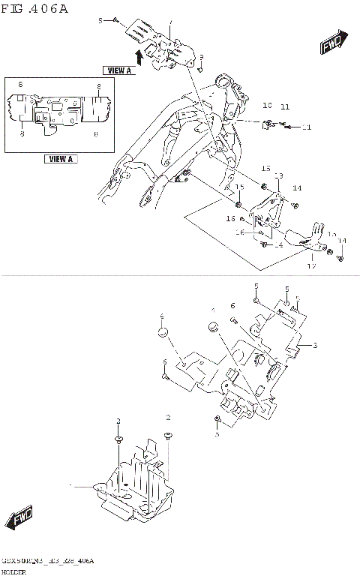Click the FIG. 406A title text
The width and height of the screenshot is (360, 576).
(34, 8)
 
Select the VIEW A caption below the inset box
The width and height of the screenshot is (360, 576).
(60, 159)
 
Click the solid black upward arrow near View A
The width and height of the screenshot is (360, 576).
(138, 56)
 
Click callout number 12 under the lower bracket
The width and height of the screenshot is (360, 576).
(312, 265)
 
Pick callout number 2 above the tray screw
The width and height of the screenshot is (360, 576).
(169, 417)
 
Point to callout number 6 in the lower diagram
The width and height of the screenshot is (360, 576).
(233, 306)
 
